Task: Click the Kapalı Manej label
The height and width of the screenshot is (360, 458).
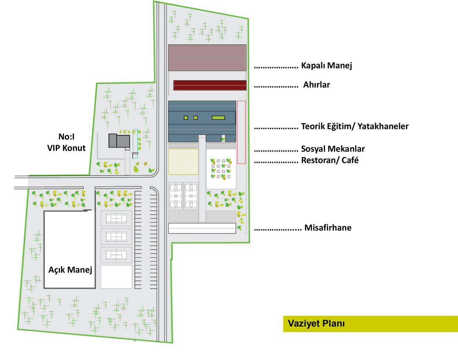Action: pos(327,66)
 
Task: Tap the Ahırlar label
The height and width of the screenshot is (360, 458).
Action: pos(317,85)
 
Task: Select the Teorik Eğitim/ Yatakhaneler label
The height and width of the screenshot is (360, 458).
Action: pos(355,126)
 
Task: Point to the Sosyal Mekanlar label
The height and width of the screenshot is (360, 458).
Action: pos(333,149)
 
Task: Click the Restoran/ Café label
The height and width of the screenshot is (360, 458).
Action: pos(330,160)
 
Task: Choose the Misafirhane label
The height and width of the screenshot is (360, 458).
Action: pos(328,228)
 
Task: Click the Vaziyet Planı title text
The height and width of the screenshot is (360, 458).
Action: pos(316,324)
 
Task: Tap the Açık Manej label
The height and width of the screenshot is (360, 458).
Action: pos(70,270)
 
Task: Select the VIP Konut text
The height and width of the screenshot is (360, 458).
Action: pos(66,148)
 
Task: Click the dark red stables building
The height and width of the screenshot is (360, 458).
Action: pos(210,85)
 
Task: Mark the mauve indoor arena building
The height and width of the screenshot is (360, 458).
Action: pos(207,58)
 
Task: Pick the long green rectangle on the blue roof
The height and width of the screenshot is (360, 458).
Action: pos(218,118)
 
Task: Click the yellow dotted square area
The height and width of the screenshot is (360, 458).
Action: pos(183,162)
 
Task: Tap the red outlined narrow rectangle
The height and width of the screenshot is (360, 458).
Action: pos(241,132)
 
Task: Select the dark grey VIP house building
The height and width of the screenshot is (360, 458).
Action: pos(119,141)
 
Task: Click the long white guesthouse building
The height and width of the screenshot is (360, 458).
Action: pos(202,228)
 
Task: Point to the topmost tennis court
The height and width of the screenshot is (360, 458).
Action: pos(116,218)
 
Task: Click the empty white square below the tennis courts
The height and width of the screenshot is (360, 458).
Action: pos(116,276)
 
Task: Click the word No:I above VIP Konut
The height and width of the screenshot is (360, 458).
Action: pos(66,137)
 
